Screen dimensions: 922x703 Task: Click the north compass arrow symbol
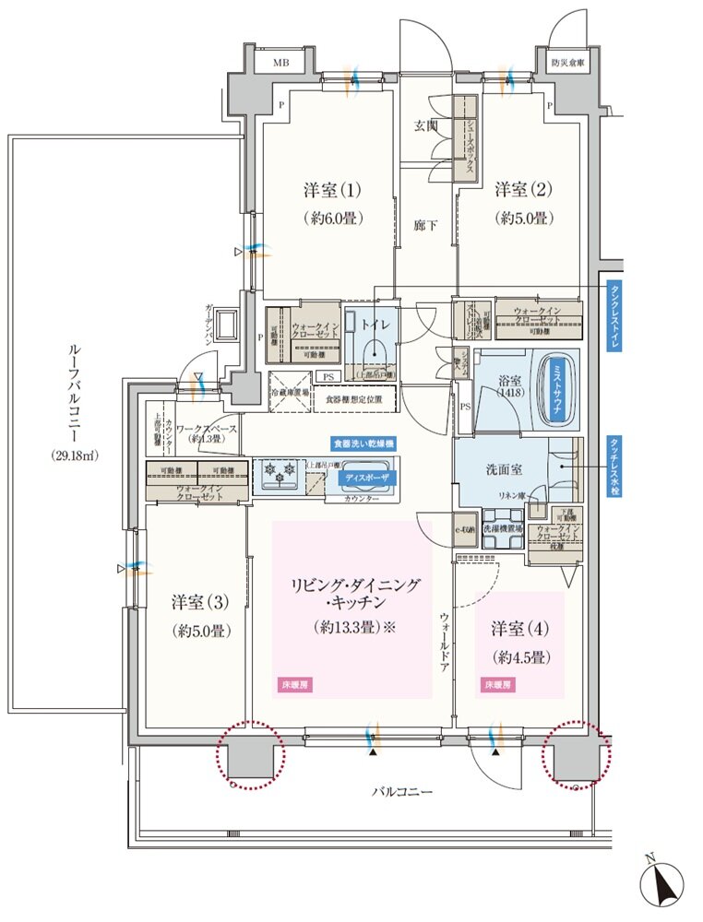click(x=662, y=881)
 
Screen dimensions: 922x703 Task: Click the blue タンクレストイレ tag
click(x=614, y=315)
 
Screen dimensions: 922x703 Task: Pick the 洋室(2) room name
click(x=522, y=191)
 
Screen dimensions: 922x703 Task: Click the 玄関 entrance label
click(x=425, y=126)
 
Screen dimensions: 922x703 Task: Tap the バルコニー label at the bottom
click(x=402, y=792)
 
